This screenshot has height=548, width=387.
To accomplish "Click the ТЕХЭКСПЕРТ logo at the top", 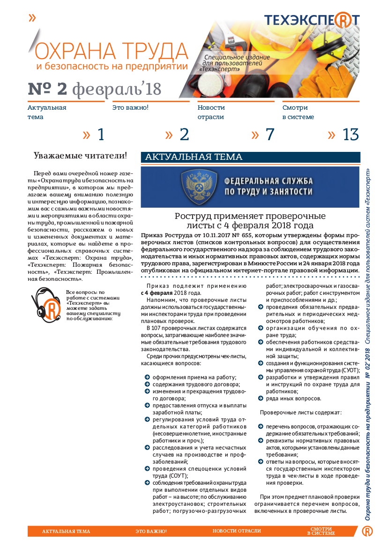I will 312,20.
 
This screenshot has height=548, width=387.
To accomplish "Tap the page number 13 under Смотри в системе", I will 350,135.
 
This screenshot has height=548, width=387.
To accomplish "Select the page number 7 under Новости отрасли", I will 269,135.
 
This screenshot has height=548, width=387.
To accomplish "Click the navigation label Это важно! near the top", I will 130,107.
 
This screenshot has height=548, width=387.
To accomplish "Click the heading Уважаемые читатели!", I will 81,155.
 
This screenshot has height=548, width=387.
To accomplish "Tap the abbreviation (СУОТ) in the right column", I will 349,370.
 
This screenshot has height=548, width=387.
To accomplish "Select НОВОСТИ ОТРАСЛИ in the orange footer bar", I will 237,531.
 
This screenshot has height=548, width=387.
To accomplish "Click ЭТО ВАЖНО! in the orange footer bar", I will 151,531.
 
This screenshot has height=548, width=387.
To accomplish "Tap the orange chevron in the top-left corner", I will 32,18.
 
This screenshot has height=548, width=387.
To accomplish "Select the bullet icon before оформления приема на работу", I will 147,377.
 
